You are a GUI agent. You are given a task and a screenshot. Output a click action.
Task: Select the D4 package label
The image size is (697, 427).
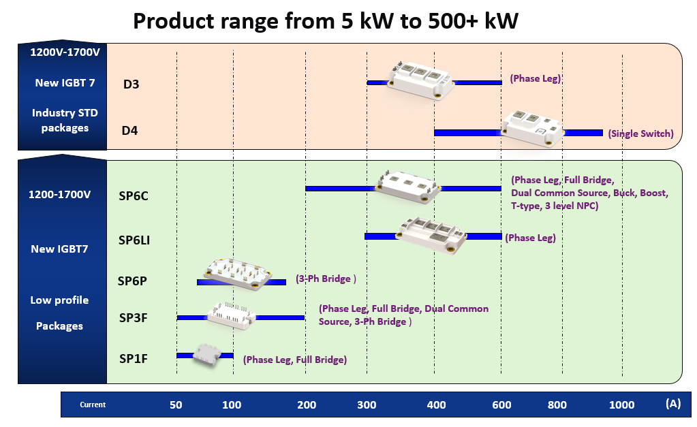click(x=129, y=130)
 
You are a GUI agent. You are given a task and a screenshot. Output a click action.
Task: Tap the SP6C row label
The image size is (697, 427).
click(x=134, y=196)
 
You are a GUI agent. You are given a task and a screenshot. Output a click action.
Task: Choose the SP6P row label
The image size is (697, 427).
click(x=132, y=281)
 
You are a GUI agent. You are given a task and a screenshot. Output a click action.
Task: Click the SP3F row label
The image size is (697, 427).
click(x=134, y=317)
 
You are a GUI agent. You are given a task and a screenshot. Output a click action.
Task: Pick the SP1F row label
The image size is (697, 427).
click(x=134, y=358)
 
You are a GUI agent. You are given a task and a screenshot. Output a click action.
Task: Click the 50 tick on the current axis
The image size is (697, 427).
click(x=176, y=405)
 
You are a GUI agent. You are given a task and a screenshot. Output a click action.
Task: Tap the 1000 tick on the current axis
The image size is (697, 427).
click(x=621, y=405)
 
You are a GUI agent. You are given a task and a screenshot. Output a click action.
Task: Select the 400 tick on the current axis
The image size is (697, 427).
click(x=435, y=405)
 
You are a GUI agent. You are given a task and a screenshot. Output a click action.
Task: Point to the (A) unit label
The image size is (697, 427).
click(x=672, y=404)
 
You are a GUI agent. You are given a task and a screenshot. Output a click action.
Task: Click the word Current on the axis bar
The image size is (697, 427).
click(x=93, y=405)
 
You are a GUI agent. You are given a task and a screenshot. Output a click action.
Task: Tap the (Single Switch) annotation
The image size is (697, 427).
click(x=640, y=134)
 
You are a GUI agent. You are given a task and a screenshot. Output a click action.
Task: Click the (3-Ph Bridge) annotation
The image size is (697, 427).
click(x=326, y=279)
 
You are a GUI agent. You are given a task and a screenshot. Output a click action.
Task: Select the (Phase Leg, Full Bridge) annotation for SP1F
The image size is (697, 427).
click(x=294, y=360)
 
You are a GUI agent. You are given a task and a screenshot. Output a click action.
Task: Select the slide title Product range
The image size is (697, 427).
click(x=326, y=21)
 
